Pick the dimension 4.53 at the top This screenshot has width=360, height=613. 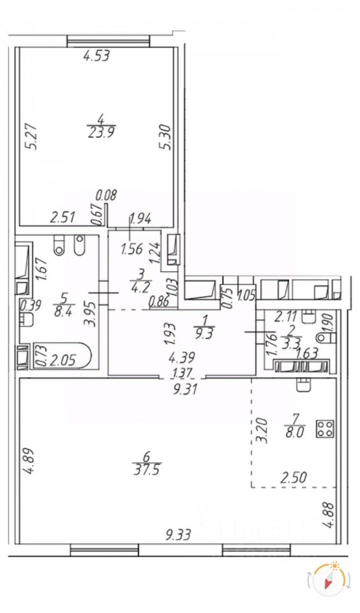(x=96, y=56)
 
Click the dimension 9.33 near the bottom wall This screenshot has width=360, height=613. (x=178, y=534)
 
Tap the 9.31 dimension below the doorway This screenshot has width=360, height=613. (x=184, y=389)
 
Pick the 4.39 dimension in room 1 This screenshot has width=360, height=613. (x=181, y=358)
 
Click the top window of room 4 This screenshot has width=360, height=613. (x=109, y=41)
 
